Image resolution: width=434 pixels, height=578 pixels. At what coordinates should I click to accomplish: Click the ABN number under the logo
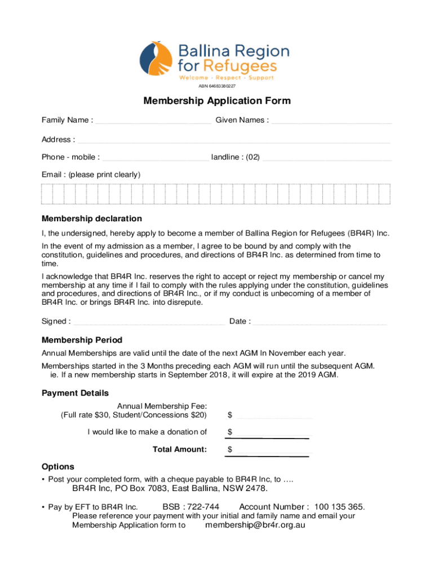[217, 86]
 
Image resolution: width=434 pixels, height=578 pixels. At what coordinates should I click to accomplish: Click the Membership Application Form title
[217, 101]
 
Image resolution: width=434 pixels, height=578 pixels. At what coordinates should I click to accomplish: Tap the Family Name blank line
[153, 121]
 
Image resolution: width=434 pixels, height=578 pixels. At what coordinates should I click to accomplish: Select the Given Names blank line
[331, 121]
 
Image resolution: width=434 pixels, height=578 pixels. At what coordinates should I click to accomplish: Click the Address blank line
[234, 141]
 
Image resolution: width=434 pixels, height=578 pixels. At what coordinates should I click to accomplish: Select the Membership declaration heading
[92, 218]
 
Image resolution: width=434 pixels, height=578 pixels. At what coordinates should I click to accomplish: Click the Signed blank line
[149, 323]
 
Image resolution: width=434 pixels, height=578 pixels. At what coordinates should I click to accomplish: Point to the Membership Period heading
[82, 340]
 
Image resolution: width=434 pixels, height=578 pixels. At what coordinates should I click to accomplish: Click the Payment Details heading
[75, 393]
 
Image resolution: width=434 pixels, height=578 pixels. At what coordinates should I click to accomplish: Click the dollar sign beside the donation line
[230, 432]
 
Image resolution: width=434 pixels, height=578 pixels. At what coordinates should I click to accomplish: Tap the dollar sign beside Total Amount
[230, 450]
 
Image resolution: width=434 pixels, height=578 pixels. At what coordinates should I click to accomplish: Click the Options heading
[58, 467]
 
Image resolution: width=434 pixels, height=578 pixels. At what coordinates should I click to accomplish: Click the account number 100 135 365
[340, 507]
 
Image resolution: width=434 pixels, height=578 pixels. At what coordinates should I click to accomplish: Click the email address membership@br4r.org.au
[255, 525]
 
